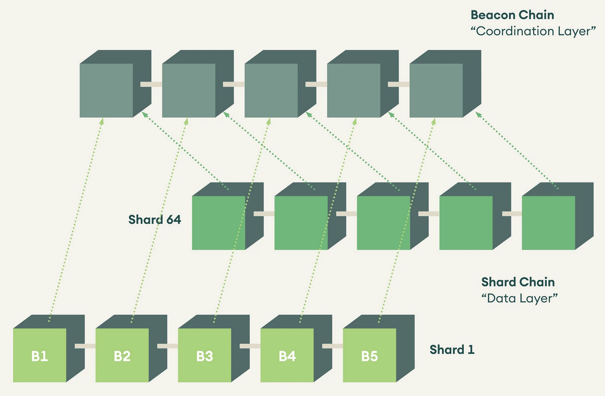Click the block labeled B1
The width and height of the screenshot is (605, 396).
point(40,356)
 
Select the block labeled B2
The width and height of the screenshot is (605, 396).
point(122,356)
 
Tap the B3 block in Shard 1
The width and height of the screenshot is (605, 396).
point(205,356)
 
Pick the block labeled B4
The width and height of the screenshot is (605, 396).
point(287,356)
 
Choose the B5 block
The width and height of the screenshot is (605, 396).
point(370,356)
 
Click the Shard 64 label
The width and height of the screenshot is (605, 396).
point(155,220)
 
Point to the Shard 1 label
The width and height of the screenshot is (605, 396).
point(452,350)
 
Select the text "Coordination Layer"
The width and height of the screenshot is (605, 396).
point(533,31)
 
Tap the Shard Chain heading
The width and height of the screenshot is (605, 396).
point(518,282)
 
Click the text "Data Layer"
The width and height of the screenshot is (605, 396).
point(519,299)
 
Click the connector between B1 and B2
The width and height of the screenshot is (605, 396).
point(85,346)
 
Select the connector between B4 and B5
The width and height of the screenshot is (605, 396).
point(333,346)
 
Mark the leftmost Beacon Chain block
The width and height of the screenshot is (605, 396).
point(107,90)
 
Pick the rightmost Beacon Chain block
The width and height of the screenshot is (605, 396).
point(436,90)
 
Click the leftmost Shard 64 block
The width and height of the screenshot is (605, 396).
point(219,223)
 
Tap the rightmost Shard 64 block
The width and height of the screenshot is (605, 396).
point(549,223)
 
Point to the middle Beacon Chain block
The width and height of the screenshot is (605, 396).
point(271,90)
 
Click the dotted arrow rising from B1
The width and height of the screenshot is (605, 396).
point(76,218)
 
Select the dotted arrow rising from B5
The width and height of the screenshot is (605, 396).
point(407,218)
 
